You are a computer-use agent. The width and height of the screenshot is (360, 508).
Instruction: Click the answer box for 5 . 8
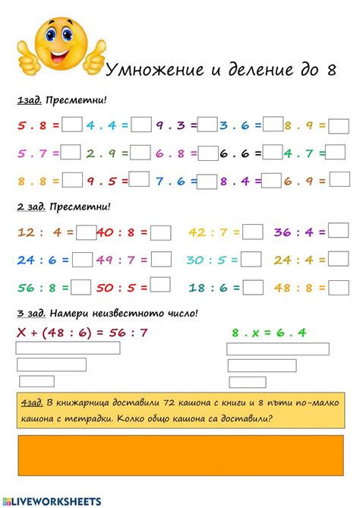(x=71, y=125)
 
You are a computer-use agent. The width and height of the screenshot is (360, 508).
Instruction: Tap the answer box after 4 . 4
(x=141, y=125)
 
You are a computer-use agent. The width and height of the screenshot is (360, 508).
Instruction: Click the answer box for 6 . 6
(x=273, y=153)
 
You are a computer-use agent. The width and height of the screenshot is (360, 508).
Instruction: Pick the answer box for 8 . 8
(x=71, y=181)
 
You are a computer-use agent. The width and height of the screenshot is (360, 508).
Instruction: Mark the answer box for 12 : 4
(x=86, y=233)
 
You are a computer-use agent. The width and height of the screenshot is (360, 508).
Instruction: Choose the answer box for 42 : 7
(x=252, y=233)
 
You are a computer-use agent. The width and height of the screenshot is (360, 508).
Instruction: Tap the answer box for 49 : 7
(x=160, y=260)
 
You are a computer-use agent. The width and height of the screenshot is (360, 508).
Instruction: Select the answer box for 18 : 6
(x=253, y=287)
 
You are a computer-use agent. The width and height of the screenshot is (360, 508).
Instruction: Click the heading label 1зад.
(x=28, y=101)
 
